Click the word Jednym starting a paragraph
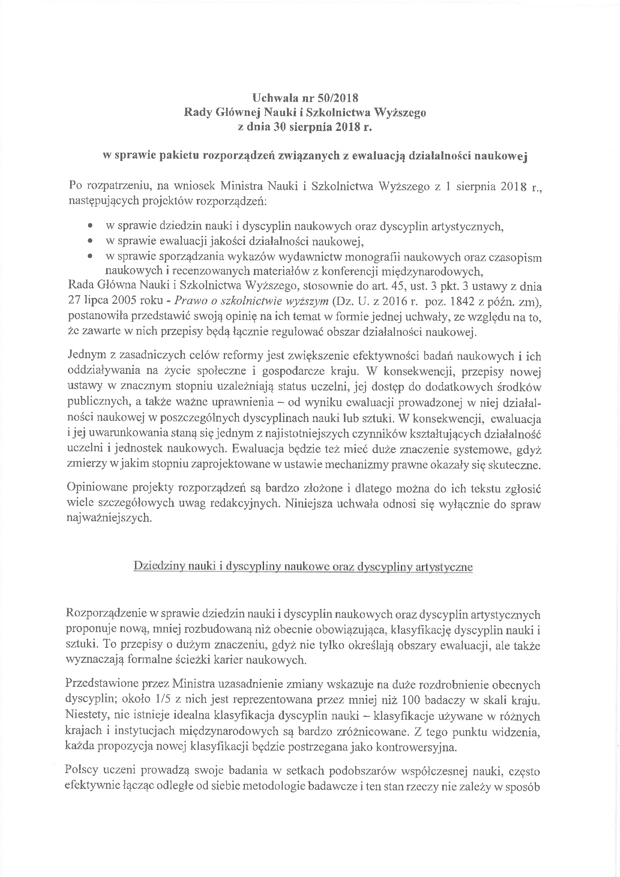(87, 355)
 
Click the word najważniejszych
(109, 518)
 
